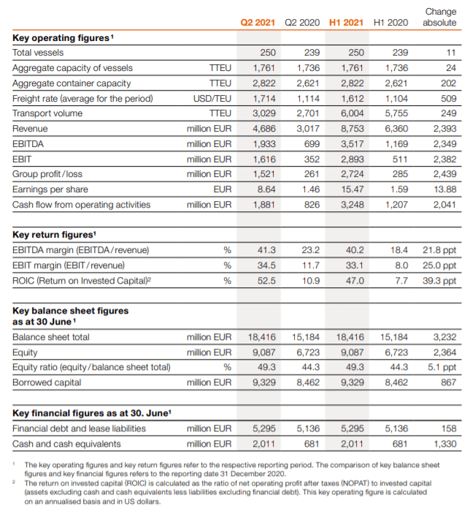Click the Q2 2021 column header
[258, 23]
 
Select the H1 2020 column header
[390, 23]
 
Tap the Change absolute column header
[440, 18]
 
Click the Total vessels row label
[38, 53]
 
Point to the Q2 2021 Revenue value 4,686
[263, 129]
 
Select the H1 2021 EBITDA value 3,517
[352, 144]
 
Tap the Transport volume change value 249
[448, 113]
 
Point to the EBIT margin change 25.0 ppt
[439, 265]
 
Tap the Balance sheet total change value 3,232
[444, 337]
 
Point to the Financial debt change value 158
[448, 428]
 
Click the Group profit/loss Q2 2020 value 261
[312, 174]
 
